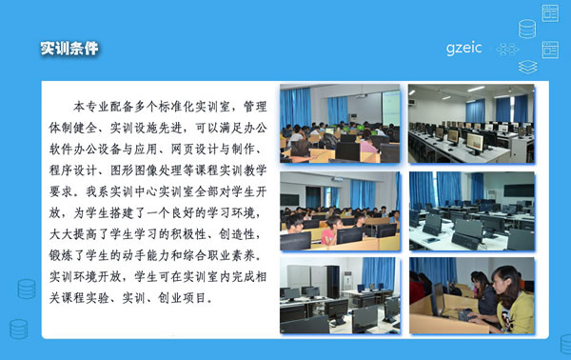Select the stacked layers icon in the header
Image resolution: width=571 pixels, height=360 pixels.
(527, 68)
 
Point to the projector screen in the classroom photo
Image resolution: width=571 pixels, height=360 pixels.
(390, 103)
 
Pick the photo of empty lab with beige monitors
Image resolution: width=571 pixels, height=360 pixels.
(471, 124)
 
